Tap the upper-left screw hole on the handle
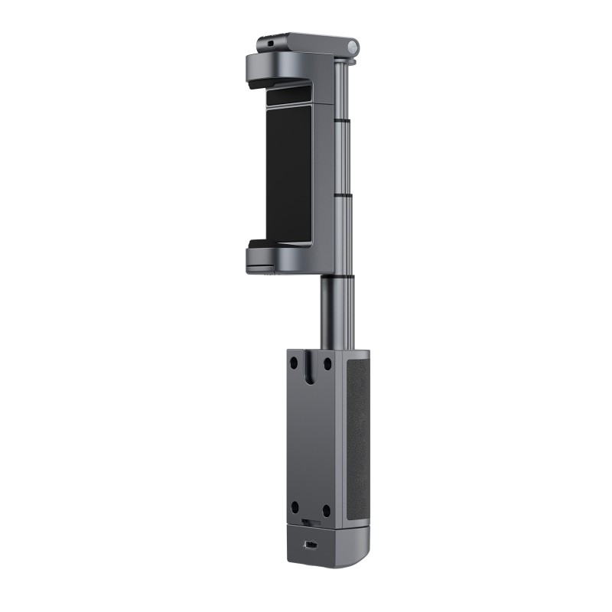pos(294,363)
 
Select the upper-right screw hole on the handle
pos(326,363)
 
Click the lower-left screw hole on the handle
pos(294,506)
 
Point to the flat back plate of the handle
pos(310,436)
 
